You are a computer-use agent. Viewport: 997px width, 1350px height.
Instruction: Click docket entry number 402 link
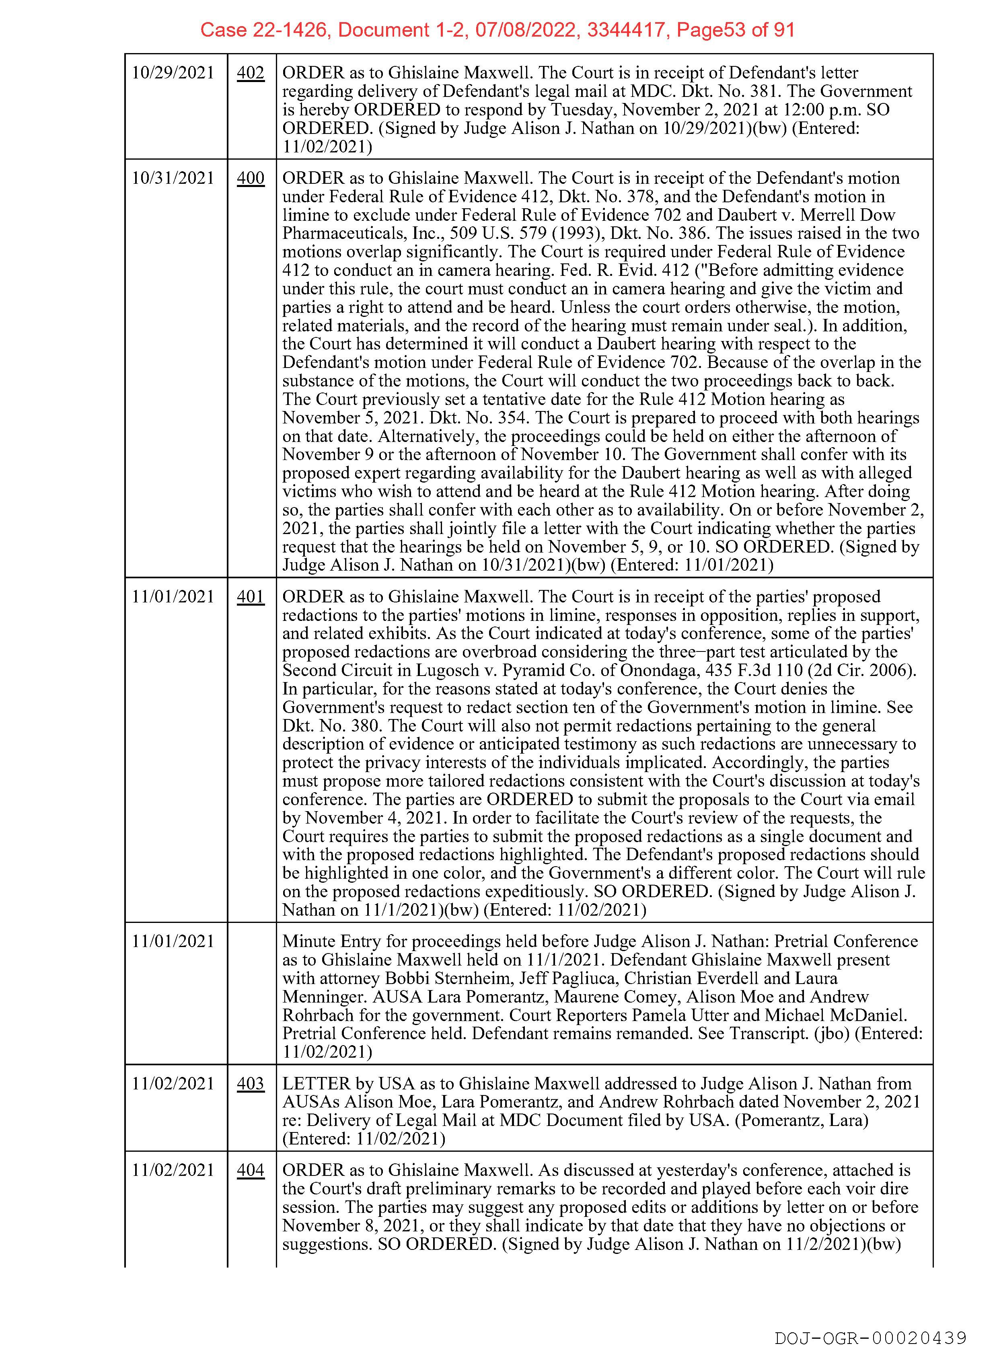point(251,73)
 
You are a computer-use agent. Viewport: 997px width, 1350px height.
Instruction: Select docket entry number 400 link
point(251,178)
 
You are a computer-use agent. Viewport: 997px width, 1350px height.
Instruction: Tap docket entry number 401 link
point(251,597)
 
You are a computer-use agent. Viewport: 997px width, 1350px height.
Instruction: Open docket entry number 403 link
point(251,1084)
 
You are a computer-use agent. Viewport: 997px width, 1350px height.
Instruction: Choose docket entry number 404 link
point(251,1170)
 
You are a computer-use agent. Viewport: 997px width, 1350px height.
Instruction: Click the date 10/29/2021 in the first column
point(173,73)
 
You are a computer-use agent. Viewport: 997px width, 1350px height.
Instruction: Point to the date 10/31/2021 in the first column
point(173,178)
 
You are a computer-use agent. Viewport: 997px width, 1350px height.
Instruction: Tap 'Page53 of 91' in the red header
point(735,30)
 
